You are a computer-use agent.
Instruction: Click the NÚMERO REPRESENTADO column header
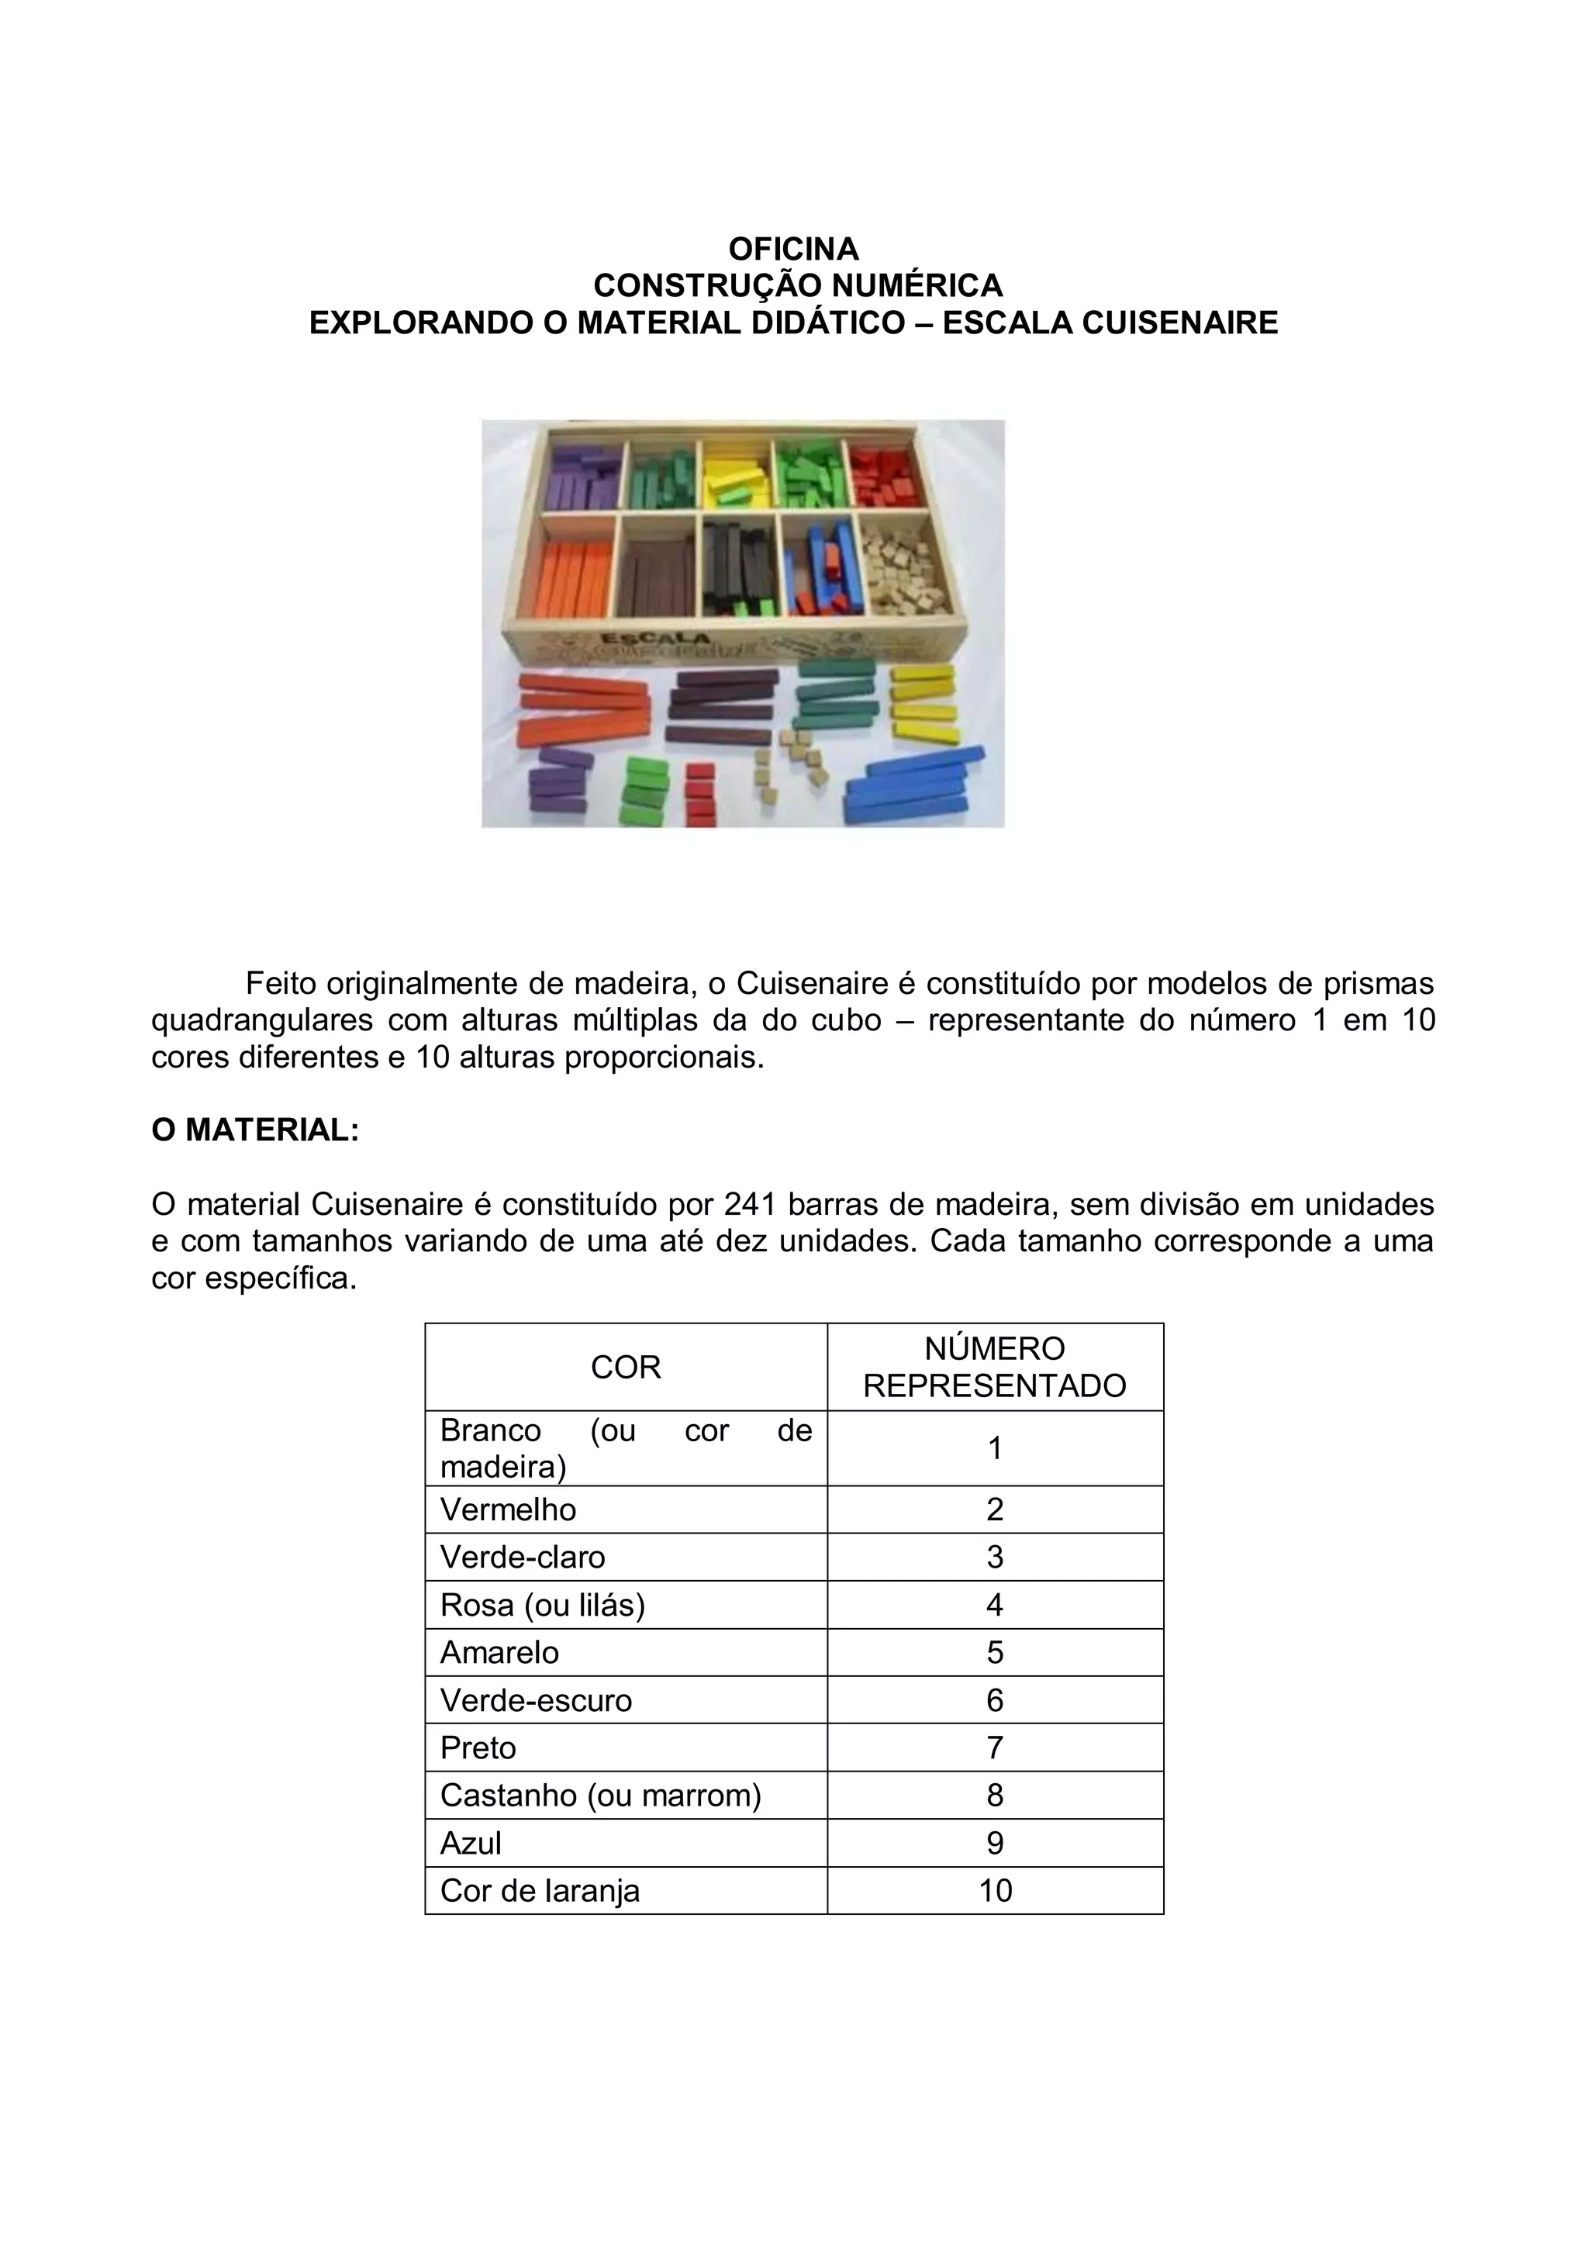click(x=994, y=1367)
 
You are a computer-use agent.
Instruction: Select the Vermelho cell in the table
click(x=509, y=1509)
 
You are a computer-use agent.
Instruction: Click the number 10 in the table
click(x=994, y=1891)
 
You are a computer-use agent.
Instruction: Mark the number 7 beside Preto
click(x=994, y=1748)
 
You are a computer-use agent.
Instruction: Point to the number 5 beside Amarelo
click(x=994, y=1653)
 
